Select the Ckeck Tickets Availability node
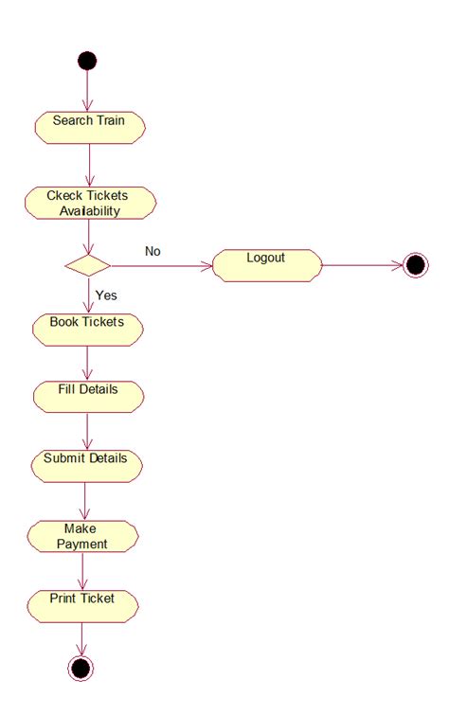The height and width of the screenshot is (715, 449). coord(89,203)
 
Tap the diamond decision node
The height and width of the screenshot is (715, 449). coord(87,264)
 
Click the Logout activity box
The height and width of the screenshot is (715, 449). coord(266,264)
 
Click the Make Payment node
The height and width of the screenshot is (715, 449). coord(82,536)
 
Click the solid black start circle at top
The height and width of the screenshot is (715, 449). coord(87,61)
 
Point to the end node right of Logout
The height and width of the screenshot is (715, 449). coord(415,265)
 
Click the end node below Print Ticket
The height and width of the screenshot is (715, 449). coord(81,668)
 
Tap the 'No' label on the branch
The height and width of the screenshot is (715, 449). coord(153,251)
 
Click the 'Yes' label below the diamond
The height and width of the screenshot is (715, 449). coord(106,295)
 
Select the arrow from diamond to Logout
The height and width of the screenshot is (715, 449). coord(161,265)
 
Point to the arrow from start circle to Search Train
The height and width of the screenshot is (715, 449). coord(87,91)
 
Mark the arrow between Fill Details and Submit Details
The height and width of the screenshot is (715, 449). coord(87,430)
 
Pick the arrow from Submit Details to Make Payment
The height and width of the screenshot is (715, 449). coord(85,500)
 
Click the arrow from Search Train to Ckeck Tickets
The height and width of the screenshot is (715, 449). coord(88,165)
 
